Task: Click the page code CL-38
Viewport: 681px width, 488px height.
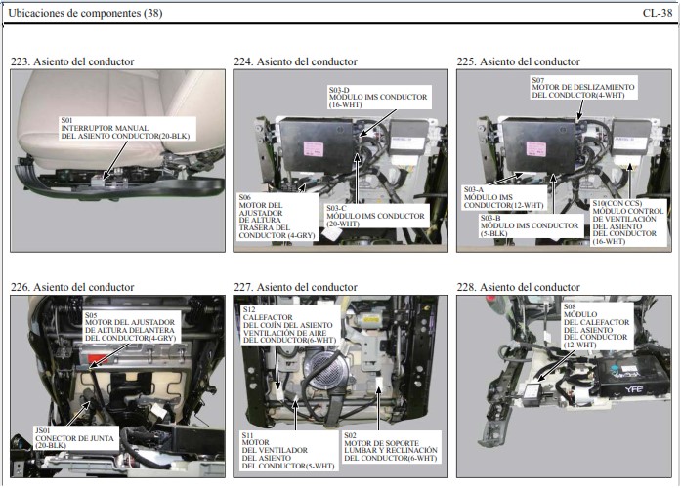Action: point(658,13)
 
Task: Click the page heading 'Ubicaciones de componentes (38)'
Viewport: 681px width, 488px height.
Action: point(85,13)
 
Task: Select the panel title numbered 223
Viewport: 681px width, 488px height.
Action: point(72,61)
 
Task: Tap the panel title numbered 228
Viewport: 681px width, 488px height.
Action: point(518,287)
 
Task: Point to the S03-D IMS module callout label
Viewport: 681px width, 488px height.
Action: point(379,97)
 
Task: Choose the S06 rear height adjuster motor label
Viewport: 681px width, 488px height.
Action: point(277,217)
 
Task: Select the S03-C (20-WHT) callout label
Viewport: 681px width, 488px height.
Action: point(376,216)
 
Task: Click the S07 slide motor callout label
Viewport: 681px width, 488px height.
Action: point(583,87)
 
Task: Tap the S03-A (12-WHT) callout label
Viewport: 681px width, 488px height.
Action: point(504,197)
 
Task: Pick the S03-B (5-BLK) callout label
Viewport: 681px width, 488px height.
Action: point(530,225)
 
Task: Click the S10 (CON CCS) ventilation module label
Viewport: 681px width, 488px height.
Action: point(628,223)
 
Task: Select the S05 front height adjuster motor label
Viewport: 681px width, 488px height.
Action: point(131,326)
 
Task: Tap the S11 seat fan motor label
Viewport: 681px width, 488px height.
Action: point(288,450)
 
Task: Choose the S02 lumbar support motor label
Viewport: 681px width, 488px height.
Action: point(391,446)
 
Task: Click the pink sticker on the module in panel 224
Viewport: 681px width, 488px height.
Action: point(314,148)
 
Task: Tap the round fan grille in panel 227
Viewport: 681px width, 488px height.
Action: point(327,370)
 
